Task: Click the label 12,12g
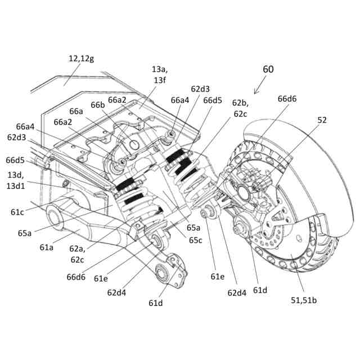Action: pos(83,58)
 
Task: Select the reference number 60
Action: pos(268,69)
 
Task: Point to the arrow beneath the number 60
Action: pos(260,86)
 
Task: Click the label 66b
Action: pos(98,105)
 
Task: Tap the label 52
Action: pos(322,120)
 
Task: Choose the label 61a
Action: pos(48,246)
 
